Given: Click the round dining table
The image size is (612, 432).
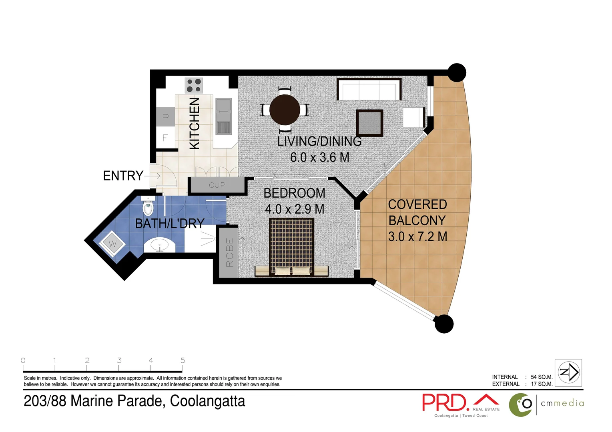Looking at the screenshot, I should pyautogui.click(x=285, y=110).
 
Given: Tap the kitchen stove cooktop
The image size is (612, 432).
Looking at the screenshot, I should pyautogui.click(x=194, y=86).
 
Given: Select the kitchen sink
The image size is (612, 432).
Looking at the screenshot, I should pyautogui.click(x=224, y=116).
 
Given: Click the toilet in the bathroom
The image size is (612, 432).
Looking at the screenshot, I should pyautogui.click(x=148, y=206).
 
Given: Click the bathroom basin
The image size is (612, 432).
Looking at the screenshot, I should pyautogui.click(x=160, y=245).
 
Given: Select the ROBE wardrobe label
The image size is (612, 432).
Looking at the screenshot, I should pyautogui.click(x=229, y=252).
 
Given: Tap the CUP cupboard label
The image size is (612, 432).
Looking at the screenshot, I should pyautogui.click(x=217, y=185).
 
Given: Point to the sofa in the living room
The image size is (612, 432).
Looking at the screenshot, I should pyautogui.click(x=369, y=90).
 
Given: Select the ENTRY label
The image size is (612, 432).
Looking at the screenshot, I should pyautogui.click(x=123, y=176).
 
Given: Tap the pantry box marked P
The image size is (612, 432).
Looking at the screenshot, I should pyautogui.click(x=165, y=118).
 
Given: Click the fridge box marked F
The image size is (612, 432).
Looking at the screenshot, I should pyautogui.click(x=165, y=138).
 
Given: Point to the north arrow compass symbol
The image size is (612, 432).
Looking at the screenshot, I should pyautogui.click(x=569, y=372).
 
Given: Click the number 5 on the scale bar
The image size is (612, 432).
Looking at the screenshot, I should pyautogui.click(x=183, y=360).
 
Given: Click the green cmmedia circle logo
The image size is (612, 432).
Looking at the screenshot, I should pyautogui.click(x=520, y=405).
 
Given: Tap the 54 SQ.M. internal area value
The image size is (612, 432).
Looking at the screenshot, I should pyautogui.click(x=542, y=377).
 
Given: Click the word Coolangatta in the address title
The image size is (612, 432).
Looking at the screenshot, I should pyautogui.click(x=207, y=401).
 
